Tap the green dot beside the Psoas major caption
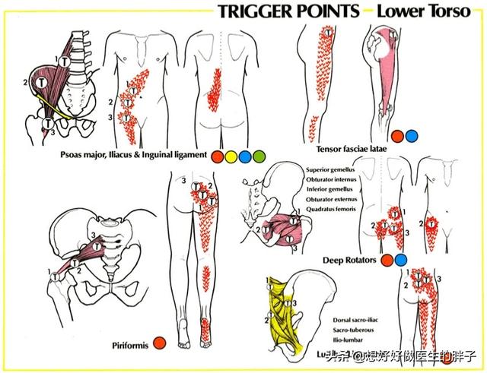(260, 156)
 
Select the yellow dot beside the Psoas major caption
(231, 156)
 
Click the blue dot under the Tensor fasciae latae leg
(411, 137)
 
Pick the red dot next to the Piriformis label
(160, 343)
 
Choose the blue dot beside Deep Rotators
(401, 261)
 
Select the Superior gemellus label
(333, 169)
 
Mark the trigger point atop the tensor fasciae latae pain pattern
(328, 33)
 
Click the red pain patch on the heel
(205, 329)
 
